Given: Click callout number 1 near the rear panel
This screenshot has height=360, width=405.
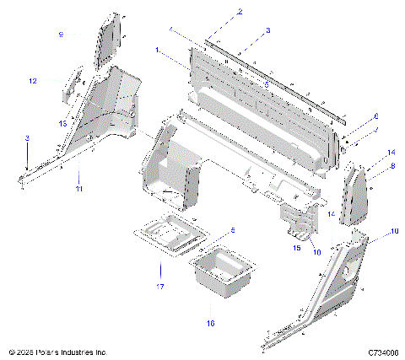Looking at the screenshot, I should [x=157, y=51].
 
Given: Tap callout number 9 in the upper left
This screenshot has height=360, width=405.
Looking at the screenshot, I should [x=61, y=34].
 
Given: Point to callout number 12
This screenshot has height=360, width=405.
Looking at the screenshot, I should [x=33, y=81].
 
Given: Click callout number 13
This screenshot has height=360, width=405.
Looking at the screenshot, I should [x=62, y=123].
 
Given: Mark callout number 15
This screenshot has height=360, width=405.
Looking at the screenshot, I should [x=296, y=247].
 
